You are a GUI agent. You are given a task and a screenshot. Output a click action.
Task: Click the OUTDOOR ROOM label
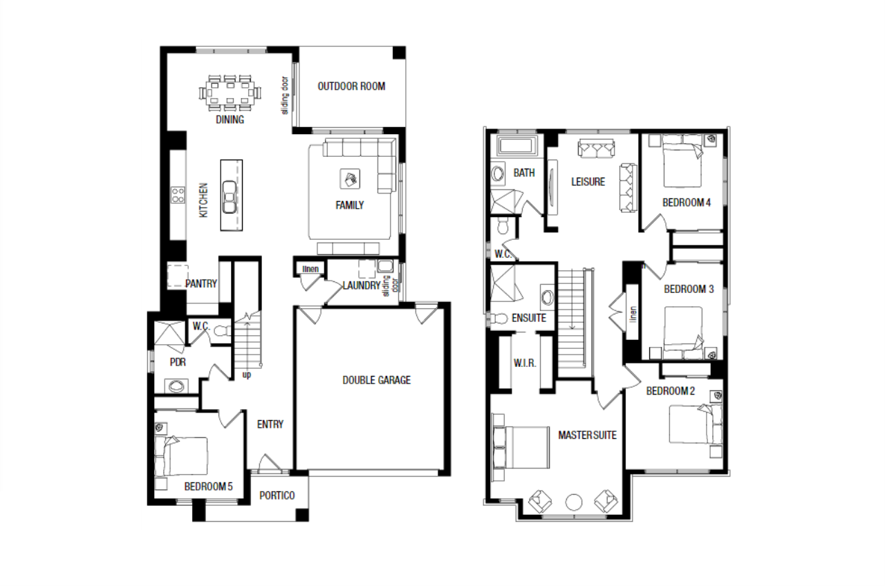tap(351, 86)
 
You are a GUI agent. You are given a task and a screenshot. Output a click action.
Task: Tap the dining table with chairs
tap(230, 93)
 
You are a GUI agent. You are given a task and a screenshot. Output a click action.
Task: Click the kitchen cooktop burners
tap(178, 195)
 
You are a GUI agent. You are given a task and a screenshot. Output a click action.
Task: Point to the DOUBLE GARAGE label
tap(377, 380)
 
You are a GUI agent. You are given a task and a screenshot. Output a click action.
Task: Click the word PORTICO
tap(277, 495)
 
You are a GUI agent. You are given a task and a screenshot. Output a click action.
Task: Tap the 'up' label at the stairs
tap(247, 375)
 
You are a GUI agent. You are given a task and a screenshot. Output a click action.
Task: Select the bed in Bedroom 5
tap(181, 456)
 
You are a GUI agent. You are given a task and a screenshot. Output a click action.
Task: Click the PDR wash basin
tap(176, 386)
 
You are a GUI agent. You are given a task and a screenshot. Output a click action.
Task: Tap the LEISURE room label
tap(588, 182)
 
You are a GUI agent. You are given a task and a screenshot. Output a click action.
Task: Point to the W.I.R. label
tap(525, 363)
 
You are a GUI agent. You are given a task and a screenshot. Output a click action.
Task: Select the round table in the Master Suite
tap(574, 502)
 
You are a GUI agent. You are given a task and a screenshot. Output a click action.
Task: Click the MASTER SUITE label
tap(587, 435)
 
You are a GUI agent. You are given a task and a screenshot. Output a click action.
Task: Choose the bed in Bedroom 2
tap(696, 424)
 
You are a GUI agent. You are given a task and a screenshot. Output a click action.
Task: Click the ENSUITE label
tap(529, 318)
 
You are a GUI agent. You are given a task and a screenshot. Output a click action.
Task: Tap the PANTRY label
tap(201, 283)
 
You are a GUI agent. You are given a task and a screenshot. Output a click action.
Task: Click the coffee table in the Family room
tap(350, 179)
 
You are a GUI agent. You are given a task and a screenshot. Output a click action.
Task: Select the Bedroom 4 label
tap(687, 202)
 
